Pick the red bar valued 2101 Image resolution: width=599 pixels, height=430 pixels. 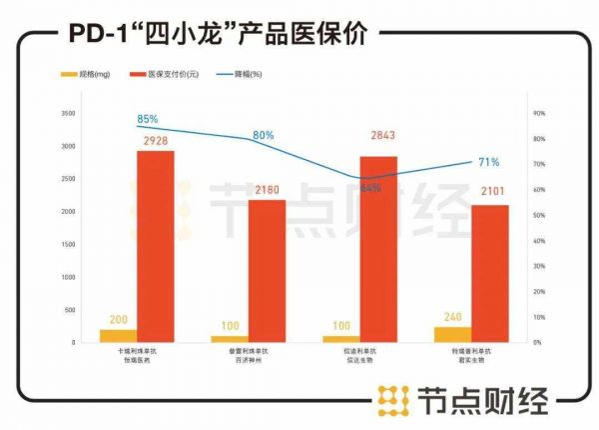pyautogui.click(x=490, y=273)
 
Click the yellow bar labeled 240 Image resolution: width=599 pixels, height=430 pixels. pyautogui.click(x=452, y=334)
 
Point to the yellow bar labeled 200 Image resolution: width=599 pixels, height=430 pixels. pyautogui.click(x=118, y=335)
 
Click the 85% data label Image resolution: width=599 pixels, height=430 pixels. pyautogui.click(x=148, y=120)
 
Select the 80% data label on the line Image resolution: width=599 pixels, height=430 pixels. pyautogui.click(x=263, y=134)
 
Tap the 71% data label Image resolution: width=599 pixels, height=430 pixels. pyautogui.click(x=488, y=162)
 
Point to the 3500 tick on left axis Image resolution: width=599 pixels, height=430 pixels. pyautogui.click(x=68, y=114)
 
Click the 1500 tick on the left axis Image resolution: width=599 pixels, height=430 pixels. pyautogui.click(x=68, y=244)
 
